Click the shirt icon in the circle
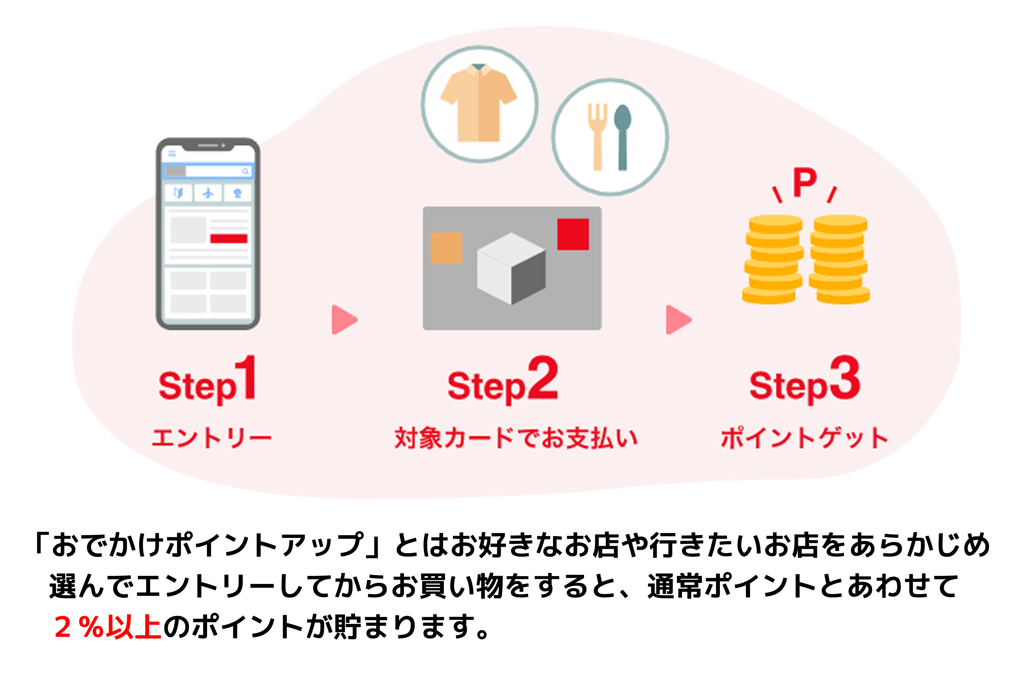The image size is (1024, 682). pyautogui.click(x=479, y=103)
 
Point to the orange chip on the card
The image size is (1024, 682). pyautogui.click(x=446, y=248)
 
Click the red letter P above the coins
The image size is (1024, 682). pyautogui.click(x=805, y=183)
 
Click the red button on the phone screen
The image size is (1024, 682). pyautogui.click(x=229, y=238)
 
